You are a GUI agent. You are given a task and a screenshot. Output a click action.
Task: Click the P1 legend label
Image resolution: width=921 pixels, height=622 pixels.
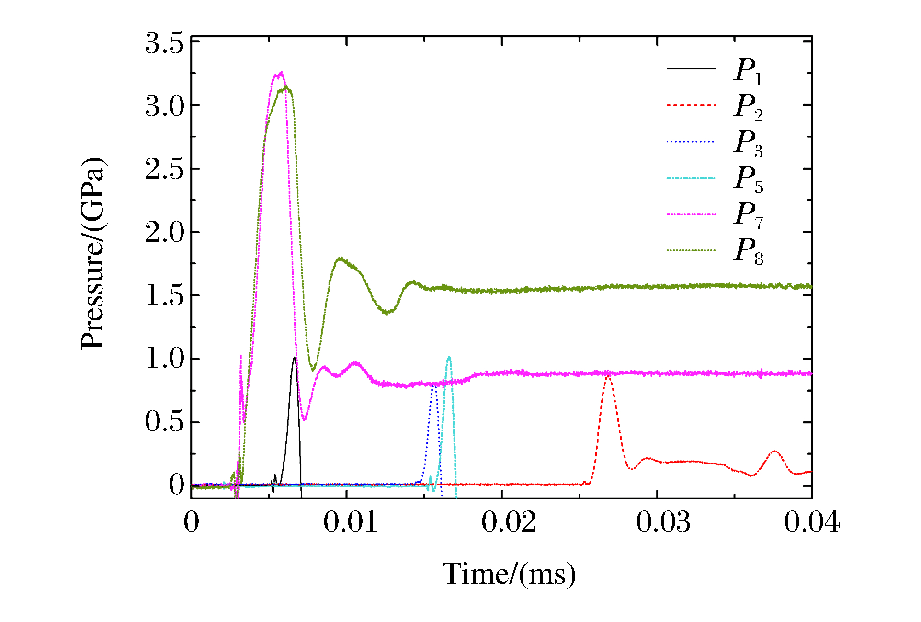[748, 71]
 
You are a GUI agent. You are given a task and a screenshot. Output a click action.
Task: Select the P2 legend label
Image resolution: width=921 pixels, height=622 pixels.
[748, 107]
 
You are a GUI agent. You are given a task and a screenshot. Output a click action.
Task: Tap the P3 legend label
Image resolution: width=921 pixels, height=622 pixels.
[748, 143]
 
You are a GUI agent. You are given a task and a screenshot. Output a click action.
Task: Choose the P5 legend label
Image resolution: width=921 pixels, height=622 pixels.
[748, 179]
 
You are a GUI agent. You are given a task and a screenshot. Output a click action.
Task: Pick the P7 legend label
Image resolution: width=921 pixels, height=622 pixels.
[748, 215]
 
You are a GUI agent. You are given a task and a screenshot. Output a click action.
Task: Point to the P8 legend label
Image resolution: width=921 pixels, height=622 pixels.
[748, 251]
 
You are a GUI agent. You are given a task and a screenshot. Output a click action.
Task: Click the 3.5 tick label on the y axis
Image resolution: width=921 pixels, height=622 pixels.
[164, 43]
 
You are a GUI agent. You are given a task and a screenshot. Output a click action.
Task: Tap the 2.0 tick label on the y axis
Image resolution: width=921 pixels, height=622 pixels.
[164, 233]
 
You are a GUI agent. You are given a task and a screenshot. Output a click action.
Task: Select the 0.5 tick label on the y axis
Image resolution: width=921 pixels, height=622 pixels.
[164, 422]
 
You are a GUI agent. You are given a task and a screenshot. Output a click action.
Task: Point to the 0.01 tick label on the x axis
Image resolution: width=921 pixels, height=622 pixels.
[350, 522]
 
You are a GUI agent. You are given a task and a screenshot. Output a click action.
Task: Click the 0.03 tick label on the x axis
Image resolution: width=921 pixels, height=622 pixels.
[663, 522]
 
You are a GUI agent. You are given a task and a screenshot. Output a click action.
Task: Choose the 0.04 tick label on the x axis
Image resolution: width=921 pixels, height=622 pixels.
[811, 522]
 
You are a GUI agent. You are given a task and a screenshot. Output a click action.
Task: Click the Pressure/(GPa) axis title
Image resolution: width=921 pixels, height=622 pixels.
[92, 254]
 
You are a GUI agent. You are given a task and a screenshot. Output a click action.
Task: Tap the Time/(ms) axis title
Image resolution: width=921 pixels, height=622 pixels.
[509, 574]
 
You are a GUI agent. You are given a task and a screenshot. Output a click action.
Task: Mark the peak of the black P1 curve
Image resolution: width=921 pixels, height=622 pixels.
[295, 358]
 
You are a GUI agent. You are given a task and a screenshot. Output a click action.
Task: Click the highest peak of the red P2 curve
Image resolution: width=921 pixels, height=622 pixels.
[608, 377]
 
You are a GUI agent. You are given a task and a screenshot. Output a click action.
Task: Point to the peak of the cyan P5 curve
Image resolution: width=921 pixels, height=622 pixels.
[449, 357]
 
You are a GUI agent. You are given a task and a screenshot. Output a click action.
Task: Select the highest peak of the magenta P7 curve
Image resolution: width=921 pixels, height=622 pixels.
[281, 73]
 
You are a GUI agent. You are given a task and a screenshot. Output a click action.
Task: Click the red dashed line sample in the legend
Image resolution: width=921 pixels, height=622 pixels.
[691, 105]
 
